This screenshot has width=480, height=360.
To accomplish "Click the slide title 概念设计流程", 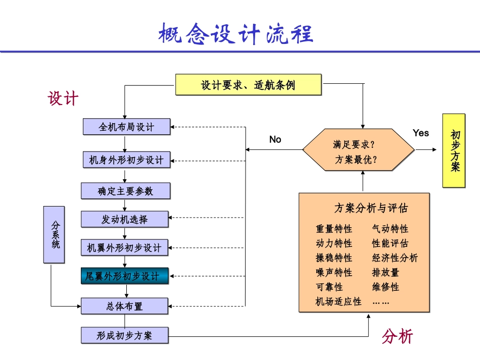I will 236,34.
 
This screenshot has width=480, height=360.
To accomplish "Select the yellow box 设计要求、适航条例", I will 248,85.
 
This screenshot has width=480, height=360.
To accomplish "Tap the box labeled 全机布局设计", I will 126,127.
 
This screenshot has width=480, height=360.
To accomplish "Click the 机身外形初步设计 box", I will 126,160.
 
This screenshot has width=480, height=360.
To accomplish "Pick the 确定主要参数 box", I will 125,191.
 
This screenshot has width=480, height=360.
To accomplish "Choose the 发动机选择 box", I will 125,219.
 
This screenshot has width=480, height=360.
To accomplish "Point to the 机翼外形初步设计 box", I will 125,248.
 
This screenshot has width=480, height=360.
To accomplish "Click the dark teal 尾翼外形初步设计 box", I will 125,276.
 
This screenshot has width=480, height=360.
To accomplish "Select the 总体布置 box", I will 124,306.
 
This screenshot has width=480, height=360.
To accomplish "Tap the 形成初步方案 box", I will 124,335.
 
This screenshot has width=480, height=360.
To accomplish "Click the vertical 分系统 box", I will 55,234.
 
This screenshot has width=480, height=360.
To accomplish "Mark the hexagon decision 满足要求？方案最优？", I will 358,149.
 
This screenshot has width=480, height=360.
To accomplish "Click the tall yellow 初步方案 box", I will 454,150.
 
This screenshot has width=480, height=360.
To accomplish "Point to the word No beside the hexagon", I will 275,139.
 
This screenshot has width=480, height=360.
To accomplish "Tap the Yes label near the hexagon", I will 420,133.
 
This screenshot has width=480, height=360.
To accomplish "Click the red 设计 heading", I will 64,98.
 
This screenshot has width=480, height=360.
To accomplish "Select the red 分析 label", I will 398,336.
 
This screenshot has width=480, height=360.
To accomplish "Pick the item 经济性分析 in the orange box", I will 395,258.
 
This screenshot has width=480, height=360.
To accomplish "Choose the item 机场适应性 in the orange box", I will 339,302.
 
